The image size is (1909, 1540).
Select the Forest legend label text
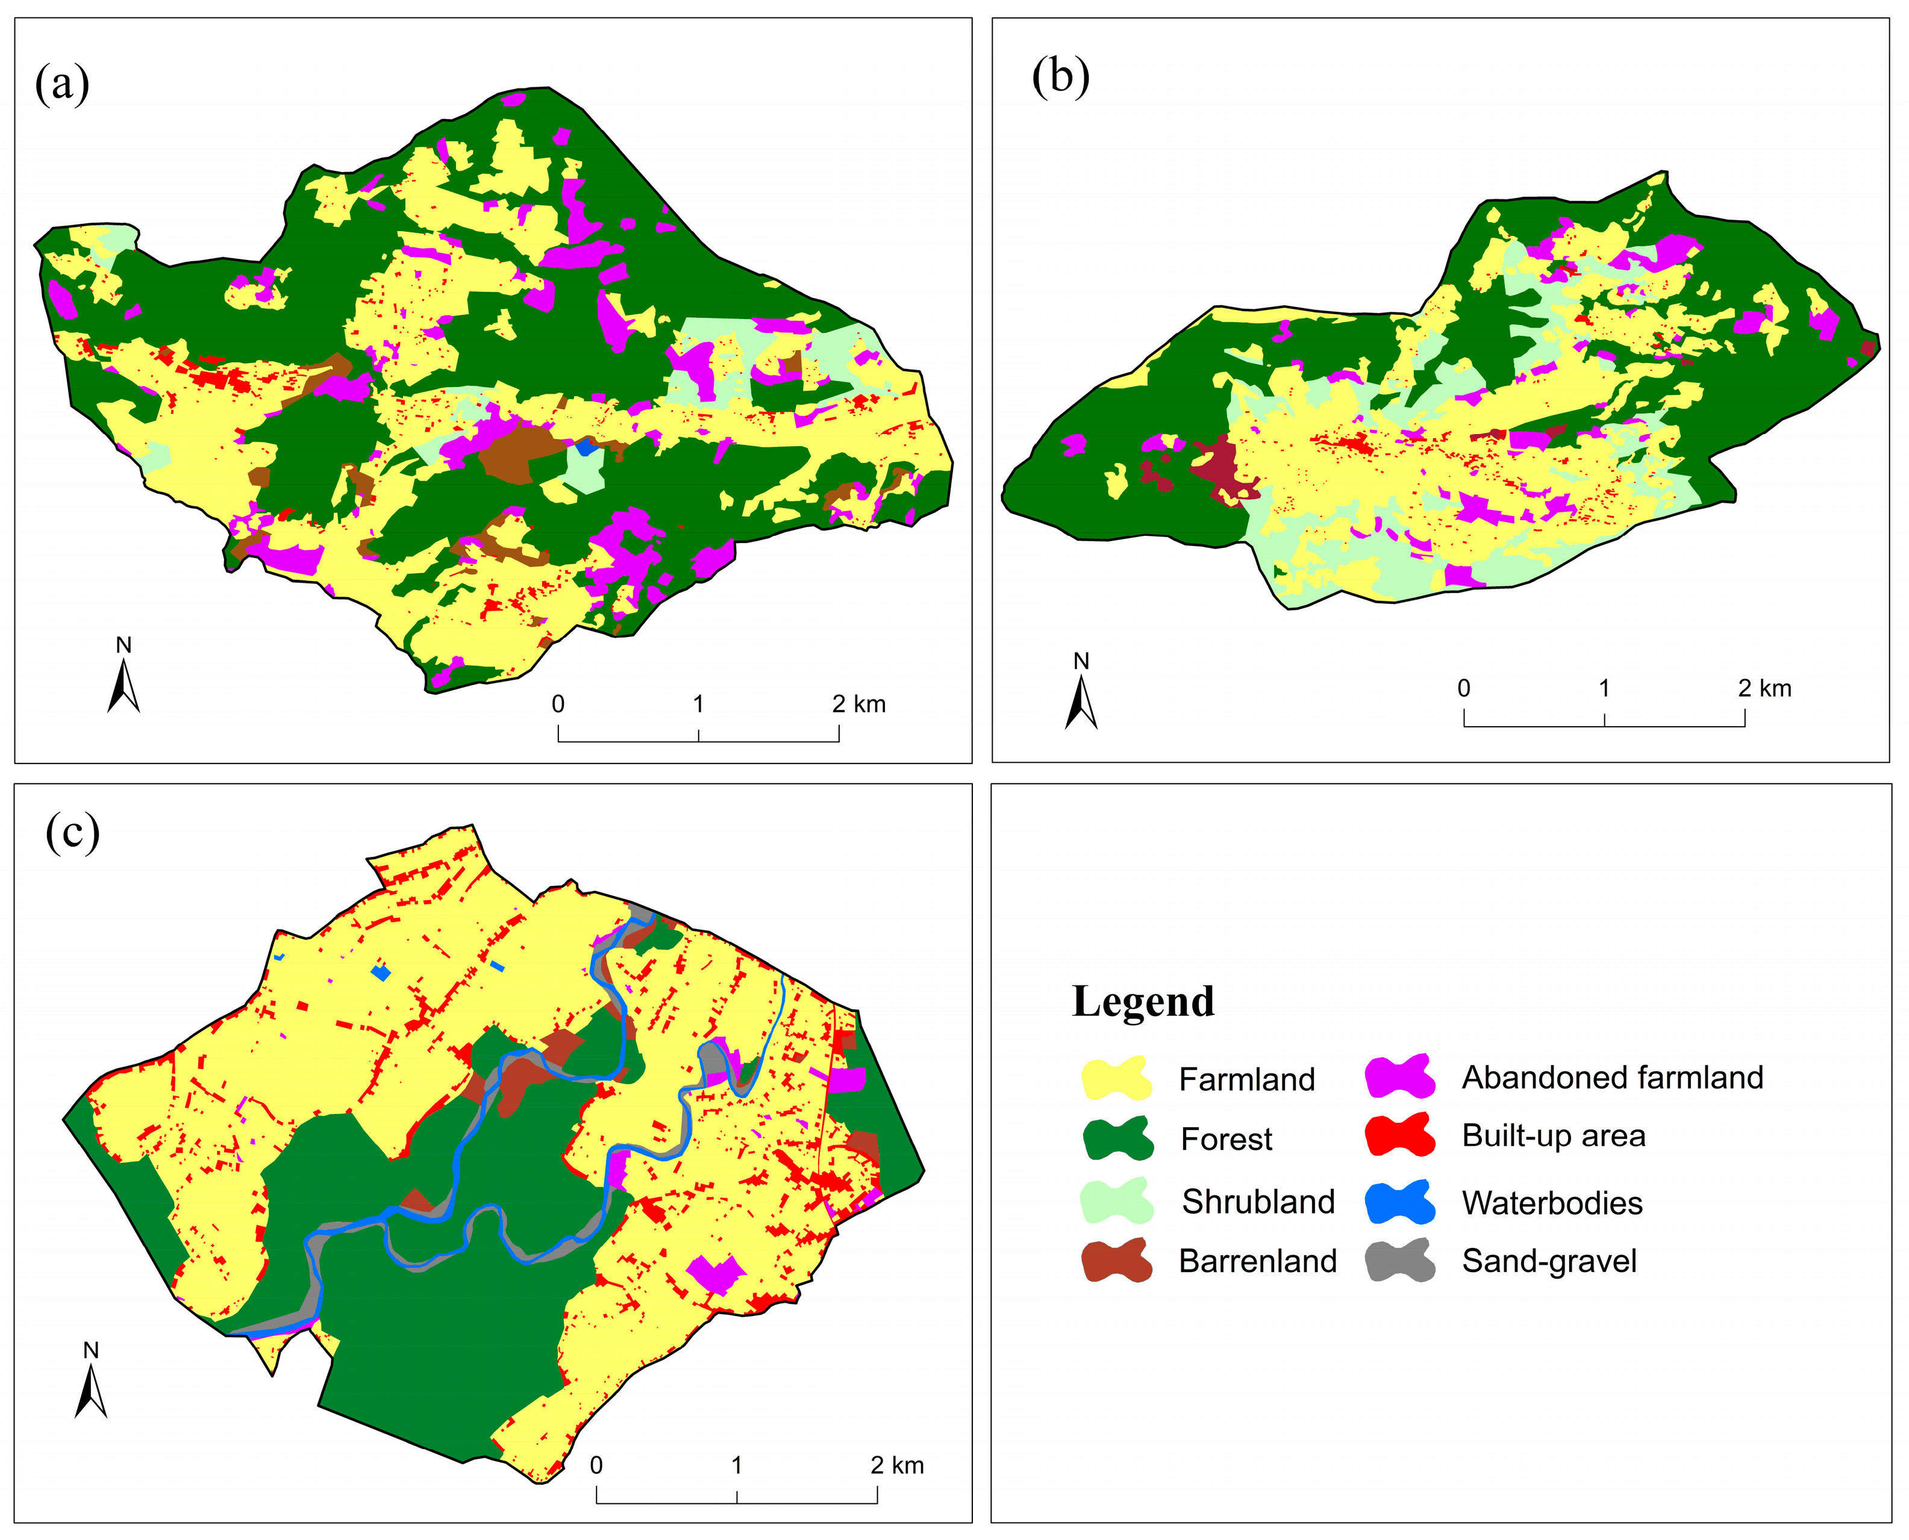[x=1226, y=1139]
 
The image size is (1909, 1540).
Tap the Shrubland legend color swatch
[x=1116, y=1201]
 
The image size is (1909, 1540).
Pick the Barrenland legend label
[x=1257, y=1261]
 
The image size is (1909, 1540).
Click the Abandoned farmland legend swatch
[x=1399, y=1076]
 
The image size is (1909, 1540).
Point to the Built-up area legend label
[x=1552, y=1135]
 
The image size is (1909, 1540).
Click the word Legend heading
[x=1142, y=1002]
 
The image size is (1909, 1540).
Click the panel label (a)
[x=62, y=84]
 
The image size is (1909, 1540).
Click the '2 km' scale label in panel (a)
[x=858, y=704]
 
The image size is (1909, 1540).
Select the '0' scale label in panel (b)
[x=1463, y=688]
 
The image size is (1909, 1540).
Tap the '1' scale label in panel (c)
[x=737, y=1465]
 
